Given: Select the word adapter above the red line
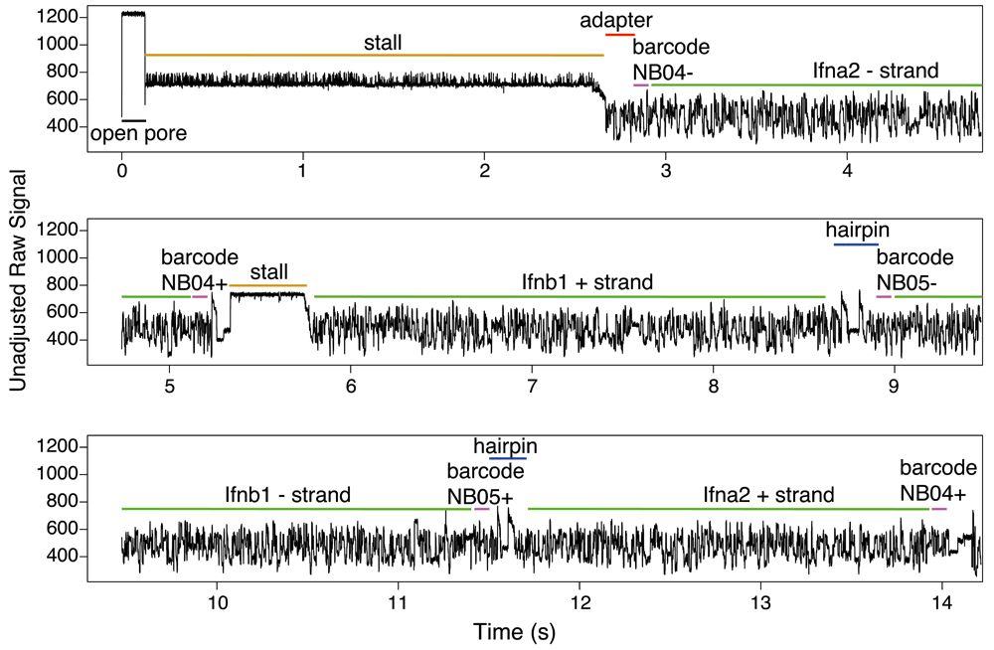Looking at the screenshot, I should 617,20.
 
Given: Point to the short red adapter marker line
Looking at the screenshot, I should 620,35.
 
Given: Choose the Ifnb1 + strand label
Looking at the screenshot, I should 587,282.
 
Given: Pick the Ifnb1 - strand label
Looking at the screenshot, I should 287,494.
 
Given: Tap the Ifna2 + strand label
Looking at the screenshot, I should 768,495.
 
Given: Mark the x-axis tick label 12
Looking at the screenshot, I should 580,601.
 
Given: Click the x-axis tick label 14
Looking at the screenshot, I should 942,601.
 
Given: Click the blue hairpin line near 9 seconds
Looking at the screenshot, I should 856,244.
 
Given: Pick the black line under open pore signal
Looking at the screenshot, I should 133,120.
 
